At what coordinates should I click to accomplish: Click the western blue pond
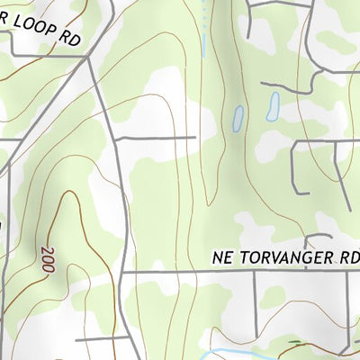238,117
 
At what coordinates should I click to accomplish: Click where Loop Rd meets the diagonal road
92,56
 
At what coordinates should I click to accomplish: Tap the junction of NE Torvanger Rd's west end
123,271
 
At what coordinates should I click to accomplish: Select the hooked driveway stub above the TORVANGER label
310,240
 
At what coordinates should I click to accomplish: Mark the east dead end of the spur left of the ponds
195,138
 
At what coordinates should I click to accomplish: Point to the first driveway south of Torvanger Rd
255,297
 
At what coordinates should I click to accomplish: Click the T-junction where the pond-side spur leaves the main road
116,138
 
